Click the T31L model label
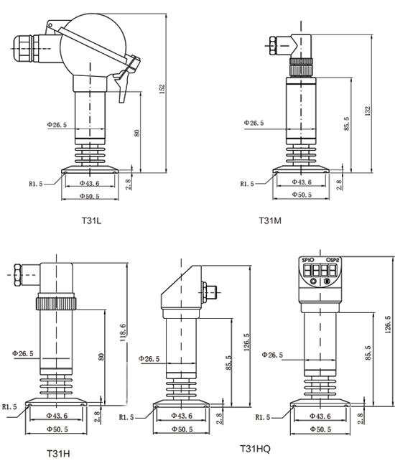[92, 221]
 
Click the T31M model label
[270, 221]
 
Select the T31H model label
[58, 453]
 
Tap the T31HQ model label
[256, 449]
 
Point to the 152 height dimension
[162, 89]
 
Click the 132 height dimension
[368, 111]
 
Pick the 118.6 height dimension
[123, 332]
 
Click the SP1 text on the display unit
[307, 260]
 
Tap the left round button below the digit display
[313, 281]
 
